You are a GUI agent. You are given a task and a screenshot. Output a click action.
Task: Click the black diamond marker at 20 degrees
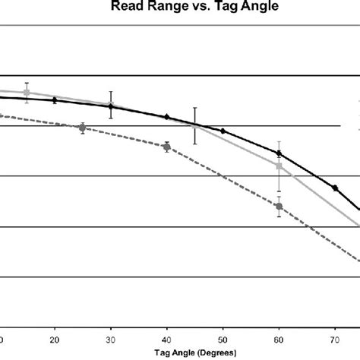coord(55,100)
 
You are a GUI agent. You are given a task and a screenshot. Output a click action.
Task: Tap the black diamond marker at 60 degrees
coord(279,153)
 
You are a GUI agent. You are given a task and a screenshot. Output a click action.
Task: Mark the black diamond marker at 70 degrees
coord(335,188)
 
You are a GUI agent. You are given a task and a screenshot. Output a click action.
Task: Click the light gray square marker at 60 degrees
coord(279,166)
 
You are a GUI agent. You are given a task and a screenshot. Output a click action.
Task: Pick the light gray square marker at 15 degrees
coord(27,93)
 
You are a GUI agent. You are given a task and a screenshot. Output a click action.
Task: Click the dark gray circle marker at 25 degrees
coord(83,128)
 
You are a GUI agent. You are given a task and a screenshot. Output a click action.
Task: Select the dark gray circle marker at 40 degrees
coord(167,147)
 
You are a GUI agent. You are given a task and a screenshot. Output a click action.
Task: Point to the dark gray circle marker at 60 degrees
coord(279,206)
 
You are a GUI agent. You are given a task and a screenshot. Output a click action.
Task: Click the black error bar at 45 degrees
coord(195,125)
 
